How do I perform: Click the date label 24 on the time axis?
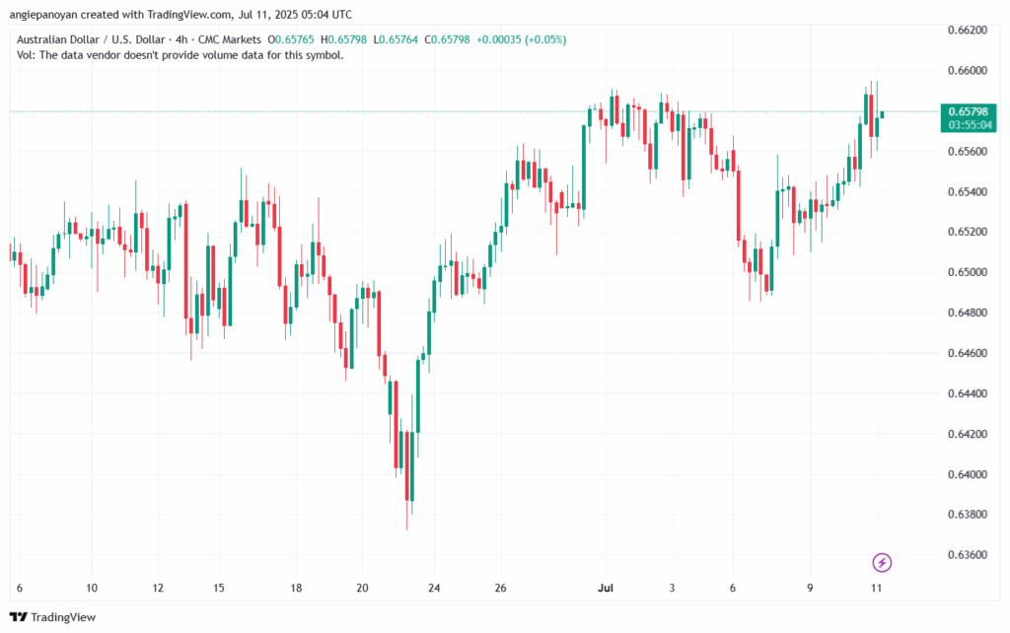(433, 587)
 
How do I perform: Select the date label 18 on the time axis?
(296, 587)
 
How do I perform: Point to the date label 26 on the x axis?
(499, 587)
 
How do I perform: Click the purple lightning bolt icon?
(883, 563)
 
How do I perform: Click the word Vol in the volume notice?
(27, 55)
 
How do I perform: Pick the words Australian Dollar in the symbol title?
(58, 39)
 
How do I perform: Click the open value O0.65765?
(290, 39)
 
